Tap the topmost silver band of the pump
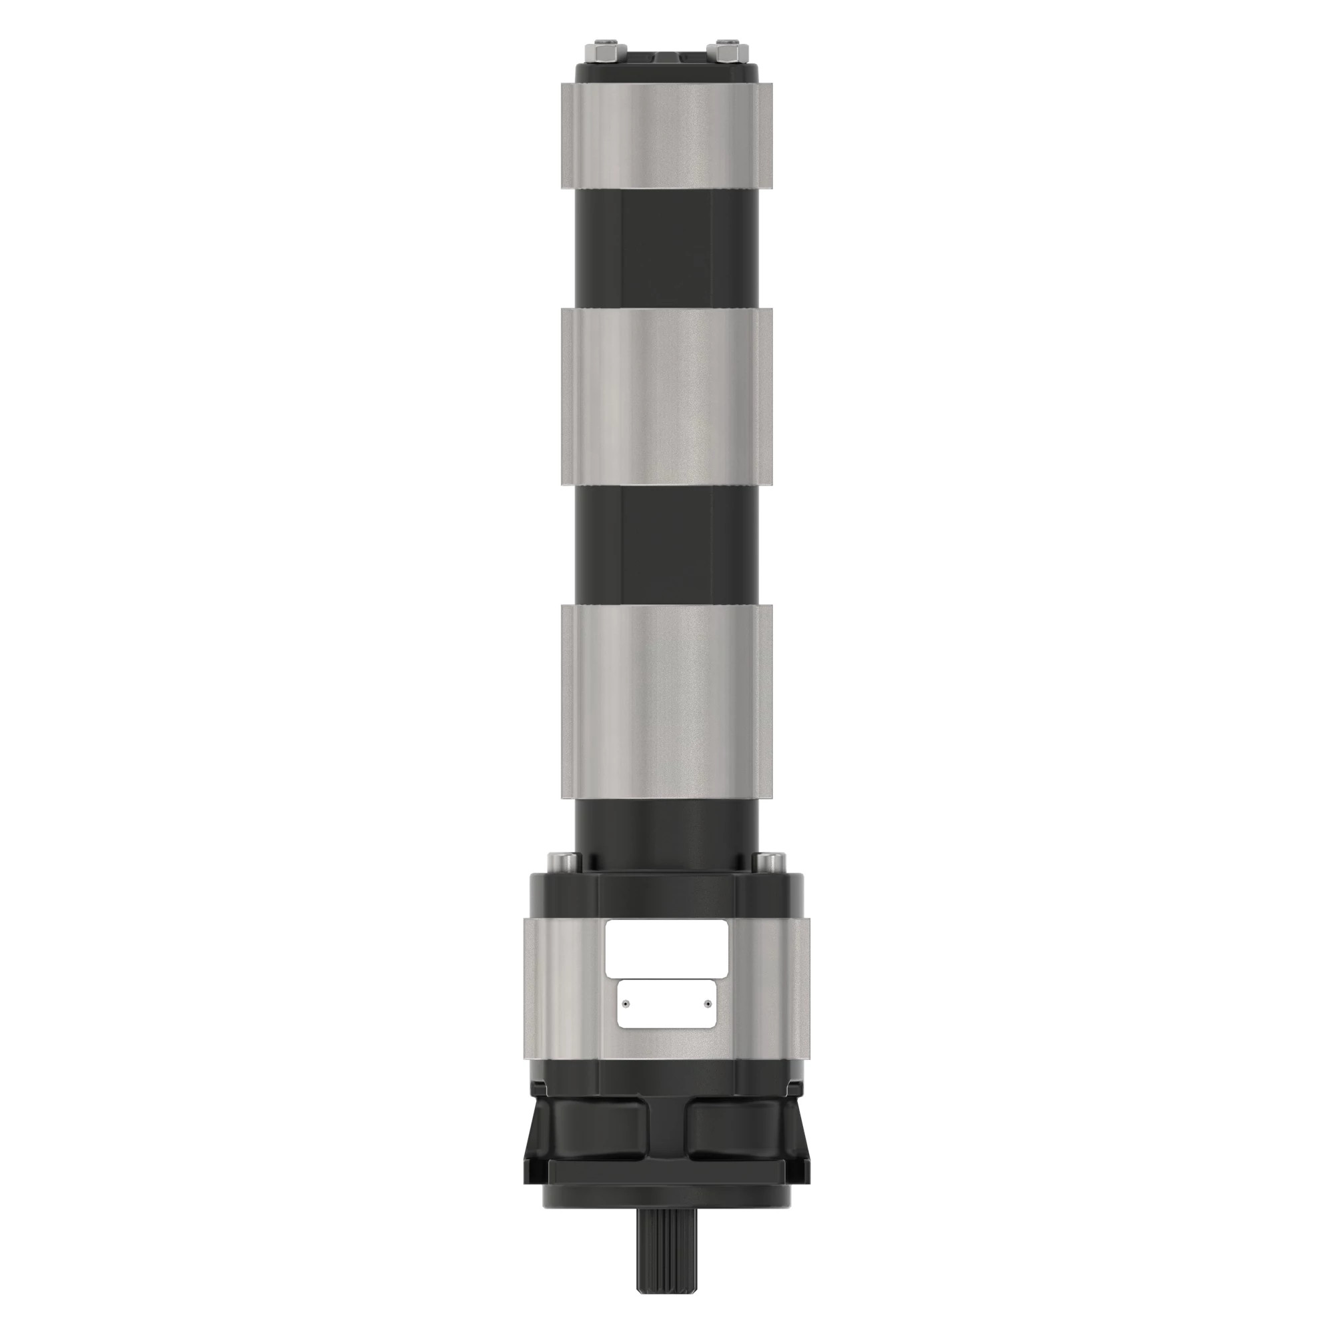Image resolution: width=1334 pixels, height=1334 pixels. coord(667,135)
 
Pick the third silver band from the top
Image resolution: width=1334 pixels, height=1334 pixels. coord(667,702)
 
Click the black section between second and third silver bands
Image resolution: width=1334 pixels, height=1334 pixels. coord(667,546)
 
